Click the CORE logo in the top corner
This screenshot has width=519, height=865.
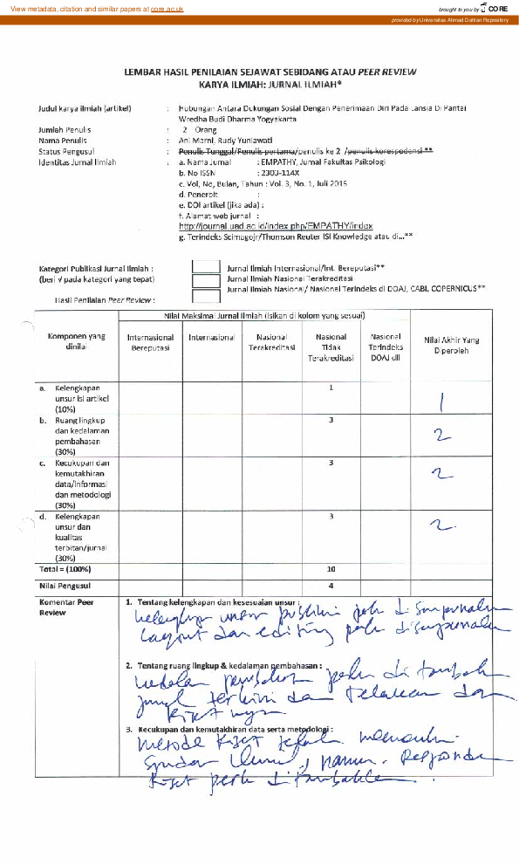pos(497,8)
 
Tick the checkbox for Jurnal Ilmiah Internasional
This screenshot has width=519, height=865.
pos(206,269)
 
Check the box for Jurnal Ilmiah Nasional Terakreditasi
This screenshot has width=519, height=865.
pos(206,280)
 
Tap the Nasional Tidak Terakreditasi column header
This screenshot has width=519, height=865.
pos(331,347)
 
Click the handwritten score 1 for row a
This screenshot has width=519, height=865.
pos(442,402)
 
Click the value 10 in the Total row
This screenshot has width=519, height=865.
pos(331,567)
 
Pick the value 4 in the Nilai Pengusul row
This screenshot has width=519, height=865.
pos(331,585)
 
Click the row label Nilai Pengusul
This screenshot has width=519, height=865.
pos(65,585)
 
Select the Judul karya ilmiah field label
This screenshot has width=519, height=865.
pos(85,109)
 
